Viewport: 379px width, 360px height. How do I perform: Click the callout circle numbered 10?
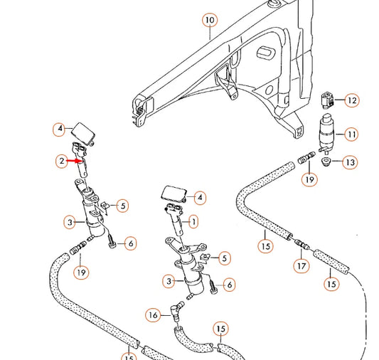[x=208, y=20]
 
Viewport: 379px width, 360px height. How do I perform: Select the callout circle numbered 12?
[x=351, y=100]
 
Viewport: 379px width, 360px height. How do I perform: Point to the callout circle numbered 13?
[x=349, y=163]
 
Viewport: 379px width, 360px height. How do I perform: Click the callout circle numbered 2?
[x=62, y=162]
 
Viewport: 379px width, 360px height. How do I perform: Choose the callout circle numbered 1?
[x=193, y=222]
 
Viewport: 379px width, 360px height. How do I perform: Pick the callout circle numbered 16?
[x=152, y=314]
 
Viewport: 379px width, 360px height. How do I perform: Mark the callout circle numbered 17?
[x=302, y=268]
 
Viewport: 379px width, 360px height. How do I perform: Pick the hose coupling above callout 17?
[x=301, y=246]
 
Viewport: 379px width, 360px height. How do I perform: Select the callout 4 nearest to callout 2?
[x=60, y=129]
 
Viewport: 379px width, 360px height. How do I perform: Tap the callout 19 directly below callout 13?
[x=309, y=180]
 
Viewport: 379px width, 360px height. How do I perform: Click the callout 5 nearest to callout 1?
[x=224, y=258]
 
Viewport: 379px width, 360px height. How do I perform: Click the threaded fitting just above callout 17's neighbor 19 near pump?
[x=308, y=157]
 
